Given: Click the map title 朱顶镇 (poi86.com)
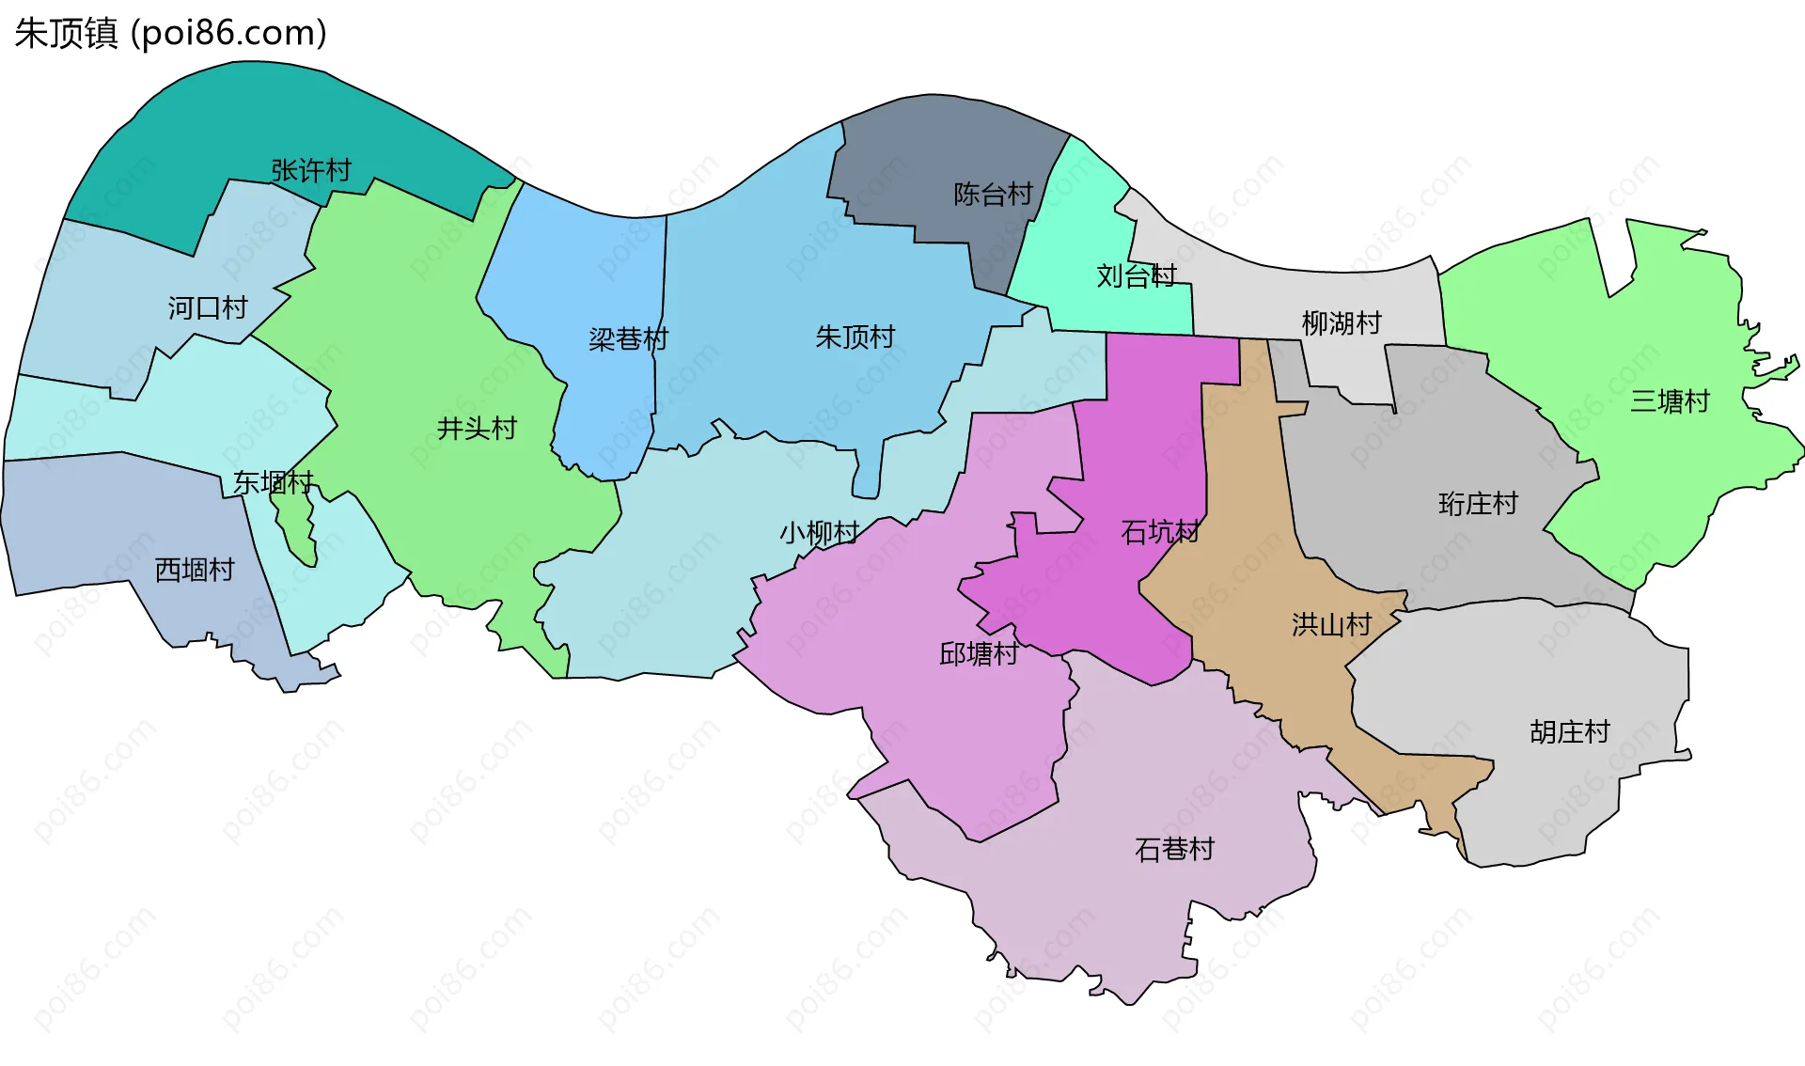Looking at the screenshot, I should click(x=170, y=33).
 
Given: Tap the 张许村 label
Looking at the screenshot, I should click(x=311, y=170).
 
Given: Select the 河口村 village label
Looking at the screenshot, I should click(x=208, y=307).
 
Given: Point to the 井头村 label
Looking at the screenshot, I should click(x=477, y=429).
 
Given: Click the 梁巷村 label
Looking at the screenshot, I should click(x=628, y=338).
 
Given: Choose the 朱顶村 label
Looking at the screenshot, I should click(x=855, y=337).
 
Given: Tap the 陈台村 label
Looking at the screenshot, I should click(x=993, y=194).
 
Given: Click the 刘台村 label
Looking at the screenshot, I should click(x=1137, y=275).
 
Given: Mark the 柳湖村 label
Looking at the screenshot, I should click(x=1342, y=323).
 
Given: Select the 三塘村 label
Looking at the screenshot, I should click(x=1670, y=401).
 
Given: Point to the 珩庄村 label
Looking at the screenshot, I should click(x=1478, y=504).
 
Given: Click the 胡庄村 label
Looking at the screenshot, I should click(x=1569, y=731).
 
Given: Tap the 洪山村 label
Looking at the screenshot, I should click(x=1331, y=624).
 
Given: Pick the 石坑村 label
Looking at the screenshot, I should click(x=1160, y=532).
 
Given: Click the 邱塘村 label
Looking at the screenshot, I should click(x=979, y=653).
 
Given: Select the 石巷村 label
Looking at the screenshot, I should click(x=1174, y=849).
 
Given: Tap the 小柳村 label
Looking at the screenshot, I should click(x=819, y=533).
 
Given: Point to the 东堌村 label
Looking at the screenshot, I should click(x=273, y=482).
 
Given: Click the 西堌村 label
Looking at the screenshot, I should click(x=194, y=570).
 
